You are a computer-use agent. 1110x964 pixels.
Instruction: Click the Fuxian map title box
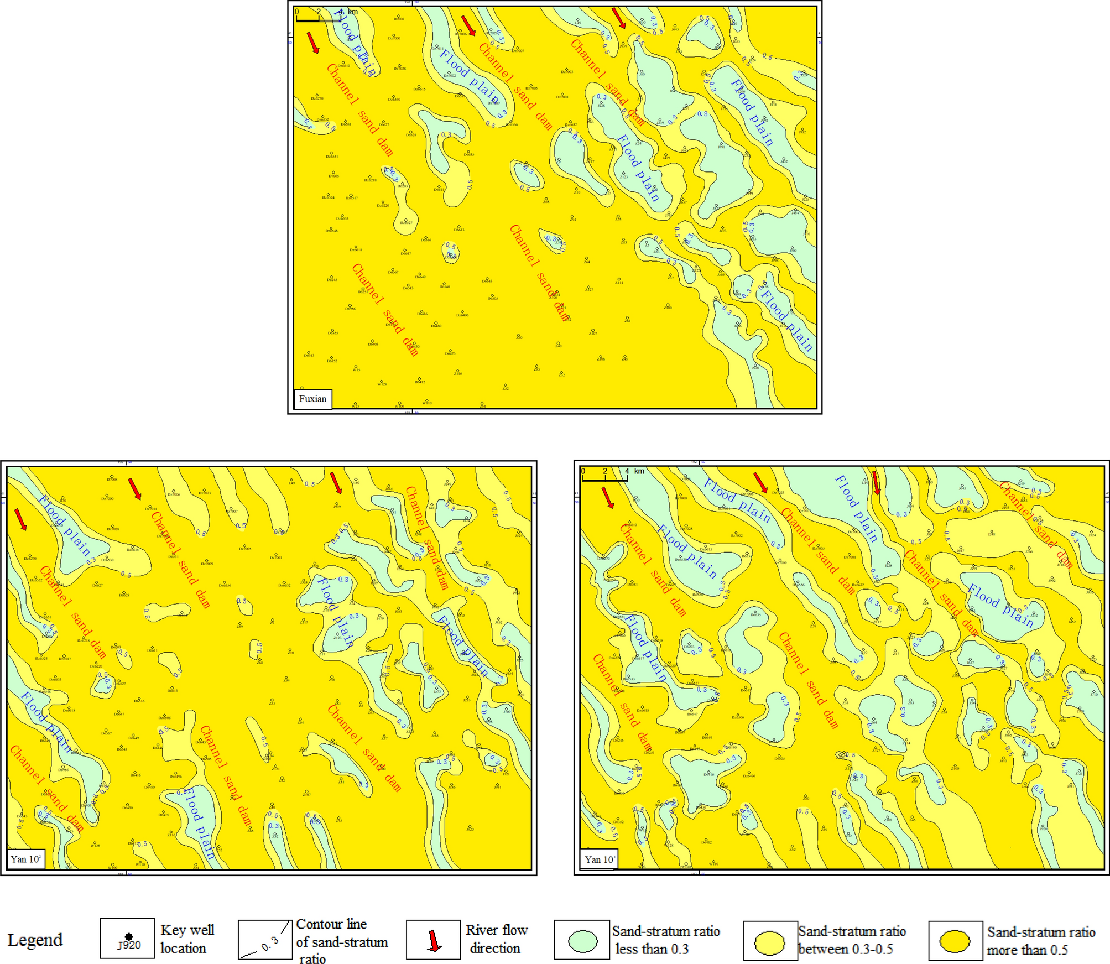click(x=312, y=399)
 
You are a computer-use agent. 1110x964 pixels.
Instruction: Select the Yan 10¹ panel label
click(x=599, y=859)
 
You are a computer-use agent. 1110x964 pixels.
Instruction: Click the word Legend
click(x=35, y=940)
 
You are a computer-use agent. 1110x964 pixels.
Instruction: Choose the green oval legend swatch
click(x=582, y=941)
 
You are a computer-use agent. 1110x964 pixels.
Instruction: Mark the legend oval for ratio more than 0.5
click(x=955, y=941)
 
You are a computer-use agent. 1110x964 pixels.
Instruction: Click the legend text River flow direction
click(x=496, y=939)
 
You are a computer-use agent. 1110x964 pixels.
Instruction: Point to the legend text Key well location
click(x=187, y=939)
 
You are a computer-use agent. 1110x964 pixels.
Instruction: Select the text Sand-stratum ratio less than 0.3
click(x=666, y=940)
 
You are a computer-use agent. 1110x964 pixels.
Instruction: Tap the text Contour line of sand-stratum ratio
click(x=341, y=941)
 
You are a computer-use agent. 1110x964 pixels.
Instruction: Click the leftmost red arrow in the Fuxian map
click(x=313, y=43)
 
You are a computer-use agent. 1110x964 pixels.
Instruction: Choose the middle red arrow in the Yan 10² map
click(x=134, y=488)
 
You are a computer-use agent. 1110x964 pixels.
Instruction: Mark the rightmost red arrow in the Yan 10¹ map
click(x=876, y=483)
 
